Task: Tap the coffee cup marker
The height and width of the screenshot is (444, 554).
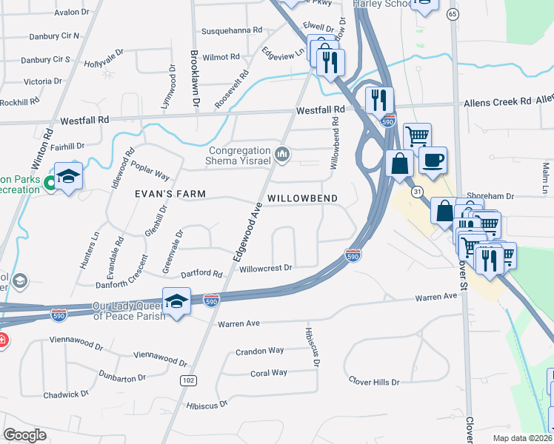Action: point(433,159)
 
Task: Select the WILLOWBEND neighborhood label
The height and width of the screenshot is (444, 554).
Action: point(302,198)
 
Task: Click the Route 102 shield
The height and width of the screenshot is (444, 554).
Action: point(187,380)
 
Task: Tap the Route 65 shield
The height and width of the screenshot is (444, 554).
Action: point(453,14)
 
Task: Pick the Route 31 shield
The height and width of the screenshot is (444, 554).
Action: point(418,192)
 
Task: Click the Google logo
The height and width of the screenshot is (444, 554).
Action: point(24,434)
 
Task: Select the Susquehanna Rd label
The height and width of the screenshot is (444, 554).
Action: point(233,31)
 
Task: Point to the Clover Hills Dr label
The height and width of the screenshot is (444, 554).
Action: point(374,381)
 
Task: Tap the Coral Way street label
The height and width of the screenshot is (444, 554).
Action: point(269,373)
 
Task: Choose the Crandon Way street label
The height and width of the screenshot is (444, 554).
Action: point(259,351)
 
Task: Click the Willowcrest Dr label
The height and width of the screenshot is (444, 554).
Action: point(267,268)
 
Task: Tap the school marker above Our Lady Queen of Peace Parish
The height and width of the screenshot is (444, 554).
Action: point(176,302)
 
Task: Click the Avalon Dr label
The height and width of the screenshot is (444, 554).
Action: point(70,13)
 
